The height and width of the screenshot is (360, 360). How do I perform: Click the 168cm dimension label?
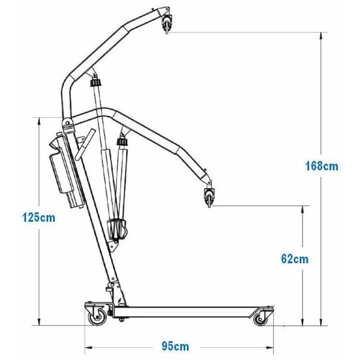point(321,166)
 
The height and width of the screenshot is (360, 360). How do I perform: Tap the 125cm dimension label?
point(39,217)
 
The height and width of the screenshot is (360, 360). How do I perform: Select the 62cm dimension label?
point(295,259)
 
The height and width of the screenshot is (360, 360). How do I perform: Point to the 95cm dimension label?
point(175,346)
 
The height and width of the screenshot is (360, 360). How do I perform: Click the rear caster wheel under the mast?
point(97,317)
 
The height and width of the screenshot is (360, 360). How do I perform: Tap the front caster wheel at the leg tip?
point(260,318)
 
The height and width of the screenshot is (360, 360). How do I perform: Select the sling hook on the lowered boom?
point(209,197)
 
